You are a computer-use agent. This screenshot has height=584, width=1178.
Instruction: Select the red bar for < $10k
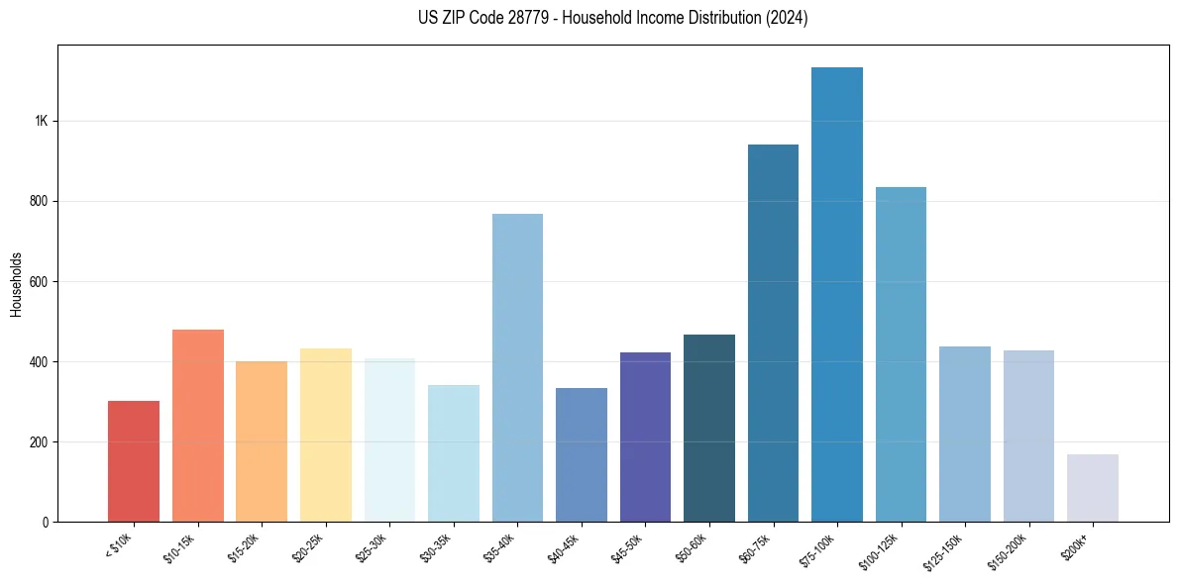(134, 461)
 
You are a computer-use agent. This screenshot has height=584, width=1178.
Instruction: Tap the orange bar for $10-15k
(198, 426)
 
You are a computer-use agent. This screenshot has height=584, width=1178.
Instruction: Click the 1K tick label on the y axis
(41, 121)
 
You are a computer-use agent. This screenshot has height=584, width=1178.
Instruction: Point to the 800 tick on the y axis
(40, 201)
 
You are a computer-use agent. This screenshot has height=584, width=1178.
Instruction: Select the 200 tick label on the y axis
(40, 441)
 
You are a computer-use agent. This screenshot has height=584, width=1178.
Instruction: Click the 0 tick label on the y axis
(46, 522)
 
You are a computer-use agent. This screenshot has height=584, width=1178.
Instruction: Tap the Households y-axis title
(16, 284)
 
